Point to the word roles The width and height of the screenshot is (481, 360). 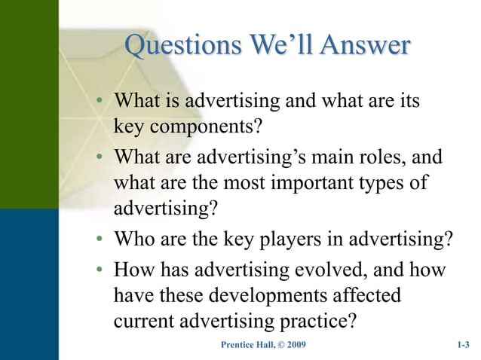(x=392, y=160)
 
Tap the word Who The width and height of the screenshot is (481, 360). (x=133, y=239)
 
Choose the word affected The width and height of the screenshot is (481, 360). (x=363, y=294)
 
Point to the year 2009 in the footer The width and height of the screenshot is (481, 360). (x=294, y=345)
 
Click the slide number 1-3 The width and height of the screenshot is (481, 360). (x=463, y=345)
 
